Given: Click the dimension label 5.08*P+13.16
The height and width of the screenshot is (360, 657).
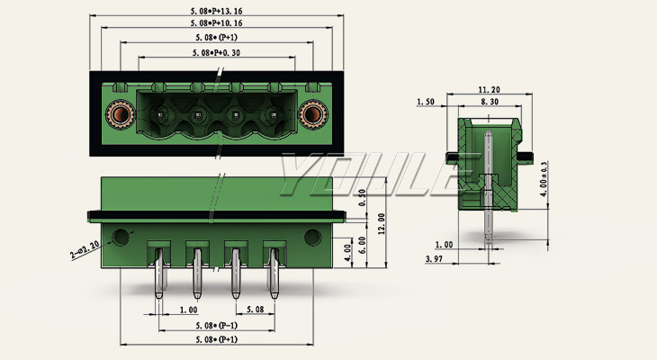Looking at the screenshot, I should point(217,9).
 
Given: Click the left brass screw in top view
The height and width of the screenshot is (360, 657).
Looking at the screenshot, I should point(118,114).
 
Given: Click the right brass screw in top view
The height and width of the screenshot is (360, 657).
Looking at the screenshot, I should point(312,114).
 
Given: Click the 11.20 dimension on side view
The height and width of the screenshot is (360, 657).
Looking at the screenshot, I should point(489,90).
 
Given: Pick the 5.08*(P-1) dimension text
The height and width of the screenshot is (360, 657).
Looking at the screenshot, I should point(216,325).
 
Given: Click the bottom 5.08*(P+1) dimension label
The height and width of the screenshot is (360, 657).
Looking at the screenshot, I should point(216,339).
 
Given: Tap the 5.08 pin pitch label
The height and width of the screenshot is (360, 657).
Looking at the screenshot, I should point(255,310).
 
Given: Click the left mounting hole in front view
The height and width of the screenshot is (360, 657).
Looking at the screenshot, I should point(118,238).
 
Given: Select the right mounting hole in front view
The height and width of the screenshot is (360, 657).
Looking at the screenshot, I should point(312,238).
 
